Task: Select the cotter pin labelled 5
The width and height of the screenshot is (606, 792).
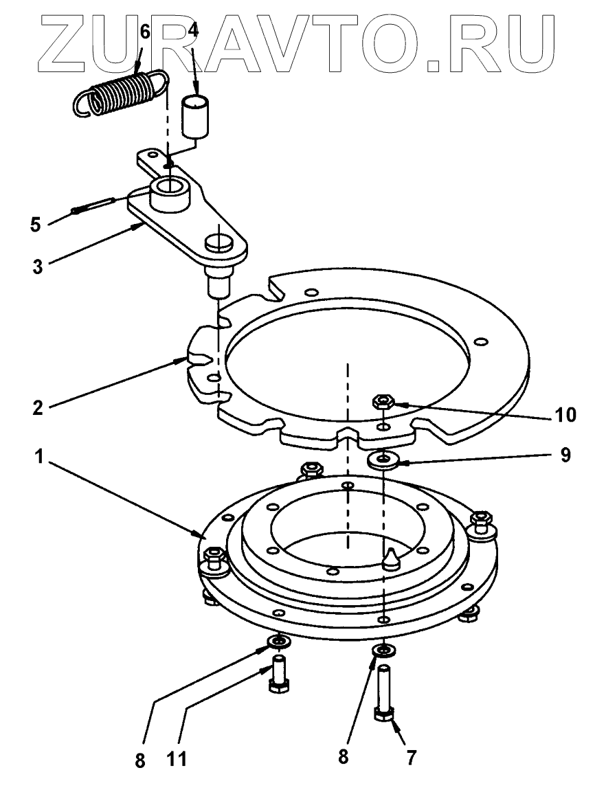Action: (x=96, y=205)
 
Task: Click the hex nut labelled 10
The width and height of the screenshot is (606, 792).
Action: (x=381, y=401)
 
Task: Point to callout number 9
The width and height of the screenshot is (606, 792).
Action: (x=565, y=455)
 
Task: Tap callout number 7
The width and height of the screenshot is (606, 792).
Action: (x=410, y=757)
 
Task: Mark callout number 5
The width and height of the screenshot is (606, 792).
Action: (x=36, y=223)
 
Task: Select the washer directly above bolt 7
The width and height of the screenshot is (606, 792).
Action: (x=382, y=650)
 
